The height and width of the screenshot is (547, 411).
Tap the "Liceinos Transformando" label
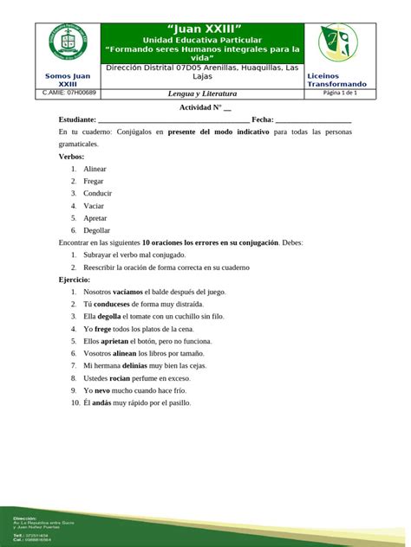pos(336,80)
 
